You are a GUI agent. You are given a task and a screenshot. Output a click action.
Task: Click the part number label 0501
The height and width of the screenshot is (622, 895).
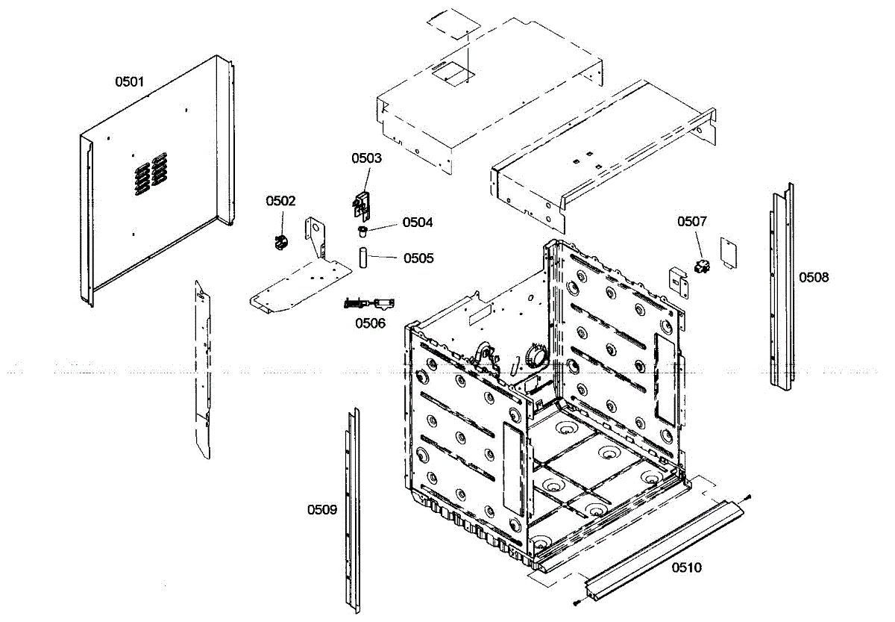click(129, 81)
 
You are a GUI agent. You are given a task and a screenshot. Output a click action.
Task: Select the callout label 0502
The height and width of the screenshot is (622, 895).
click(281, 201)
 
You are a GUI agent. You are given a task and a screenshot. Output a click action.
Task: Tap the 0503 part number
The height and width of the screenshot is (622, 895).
click(367, 158)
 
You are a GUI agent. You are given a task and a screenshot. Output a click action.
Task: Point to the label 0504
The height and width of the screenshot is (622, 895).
click(418, 223)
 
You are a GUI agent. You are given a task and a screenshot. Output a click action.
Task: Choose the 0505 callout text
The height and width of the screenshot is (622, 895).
click(418, 258)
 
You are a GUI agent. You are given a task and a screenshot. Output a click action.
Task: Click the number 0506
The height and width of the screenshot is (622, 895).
click(370, 323)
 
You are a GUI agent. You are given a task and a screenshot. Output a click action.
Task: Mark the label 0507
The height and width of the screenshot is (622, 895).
click(691, 221)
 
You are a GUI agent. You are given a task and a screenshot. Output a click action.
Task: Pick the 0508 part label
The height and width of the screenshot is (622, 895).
click(814, 278)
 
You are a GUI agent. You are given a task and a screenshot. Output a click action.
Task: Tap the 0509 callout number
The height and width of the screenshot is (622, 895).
click(322, 510)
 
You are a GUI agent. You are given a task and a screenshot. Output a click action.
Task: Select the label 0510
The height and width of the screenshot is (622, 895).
click(686, 567)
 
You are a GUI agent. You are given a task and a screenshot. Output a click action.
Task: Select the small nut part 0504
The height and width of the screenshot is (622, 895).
click(362, 229)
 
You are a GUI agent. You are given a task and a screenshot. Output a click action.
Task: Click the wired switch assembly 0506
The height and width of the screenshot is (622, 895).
click(369, 303)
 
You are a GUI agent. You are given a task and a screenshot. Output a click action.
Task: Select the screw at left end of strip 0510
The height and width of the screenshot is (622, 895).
click(577, 603)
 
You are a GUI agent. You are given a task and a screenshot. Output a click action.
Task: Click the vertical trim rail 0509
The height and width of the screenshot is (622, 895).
click(351, 508)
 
